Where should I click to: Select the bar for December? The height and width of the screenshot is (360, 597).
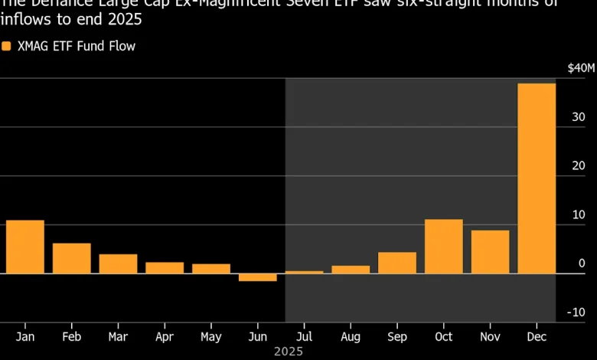click(x=537, y=178)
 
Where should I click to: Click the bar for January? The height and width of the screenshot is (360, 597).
click(x=25, y=247)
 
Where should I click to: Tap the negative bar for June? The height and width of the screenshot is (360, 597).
click(x=258, y=277)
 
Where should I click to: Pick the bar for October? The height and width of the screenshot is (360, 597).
click(x=444, y=246)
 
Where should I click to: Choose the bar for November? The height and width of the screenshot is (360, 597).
click(x=490, y=251)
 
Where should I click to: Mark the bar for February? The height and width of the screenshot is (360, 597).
click(x=72, y=258)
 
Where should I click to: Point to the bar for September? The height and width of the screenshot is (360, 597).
click(x=397, y=263)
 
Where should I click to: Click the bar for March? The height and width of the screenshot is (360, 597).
click(x=118, y=263)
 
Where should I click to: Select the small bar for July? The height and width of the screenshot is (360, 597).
click(x=304, y=272)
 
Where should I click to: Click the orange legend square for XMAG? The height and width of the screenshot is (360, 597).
click(x=6, y=46)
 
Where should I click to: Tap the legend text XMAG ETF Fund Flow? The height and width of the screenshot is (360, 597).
click(x=76, y=46)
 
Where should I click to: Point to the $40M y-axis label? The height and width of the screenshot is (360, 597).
click(x=580, y=68)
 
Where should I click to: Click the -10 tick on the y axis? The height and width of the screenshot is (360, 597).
click(x=577, y=313)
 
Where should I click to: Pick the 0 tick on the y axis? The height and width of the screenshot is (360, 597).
click(x=582, y=263)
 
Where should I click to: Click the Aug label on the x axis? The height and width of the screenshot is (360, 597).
click(x=351, y=337)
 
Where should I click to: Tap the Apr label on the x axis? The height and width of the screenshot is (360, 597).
click(x=165, y=337)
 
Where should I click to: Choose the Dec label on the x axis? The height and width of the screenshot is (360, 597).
click(x=537, y=337)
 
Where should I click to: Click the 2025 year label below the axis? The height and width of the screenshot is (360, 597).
click(x=289, y=352)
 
